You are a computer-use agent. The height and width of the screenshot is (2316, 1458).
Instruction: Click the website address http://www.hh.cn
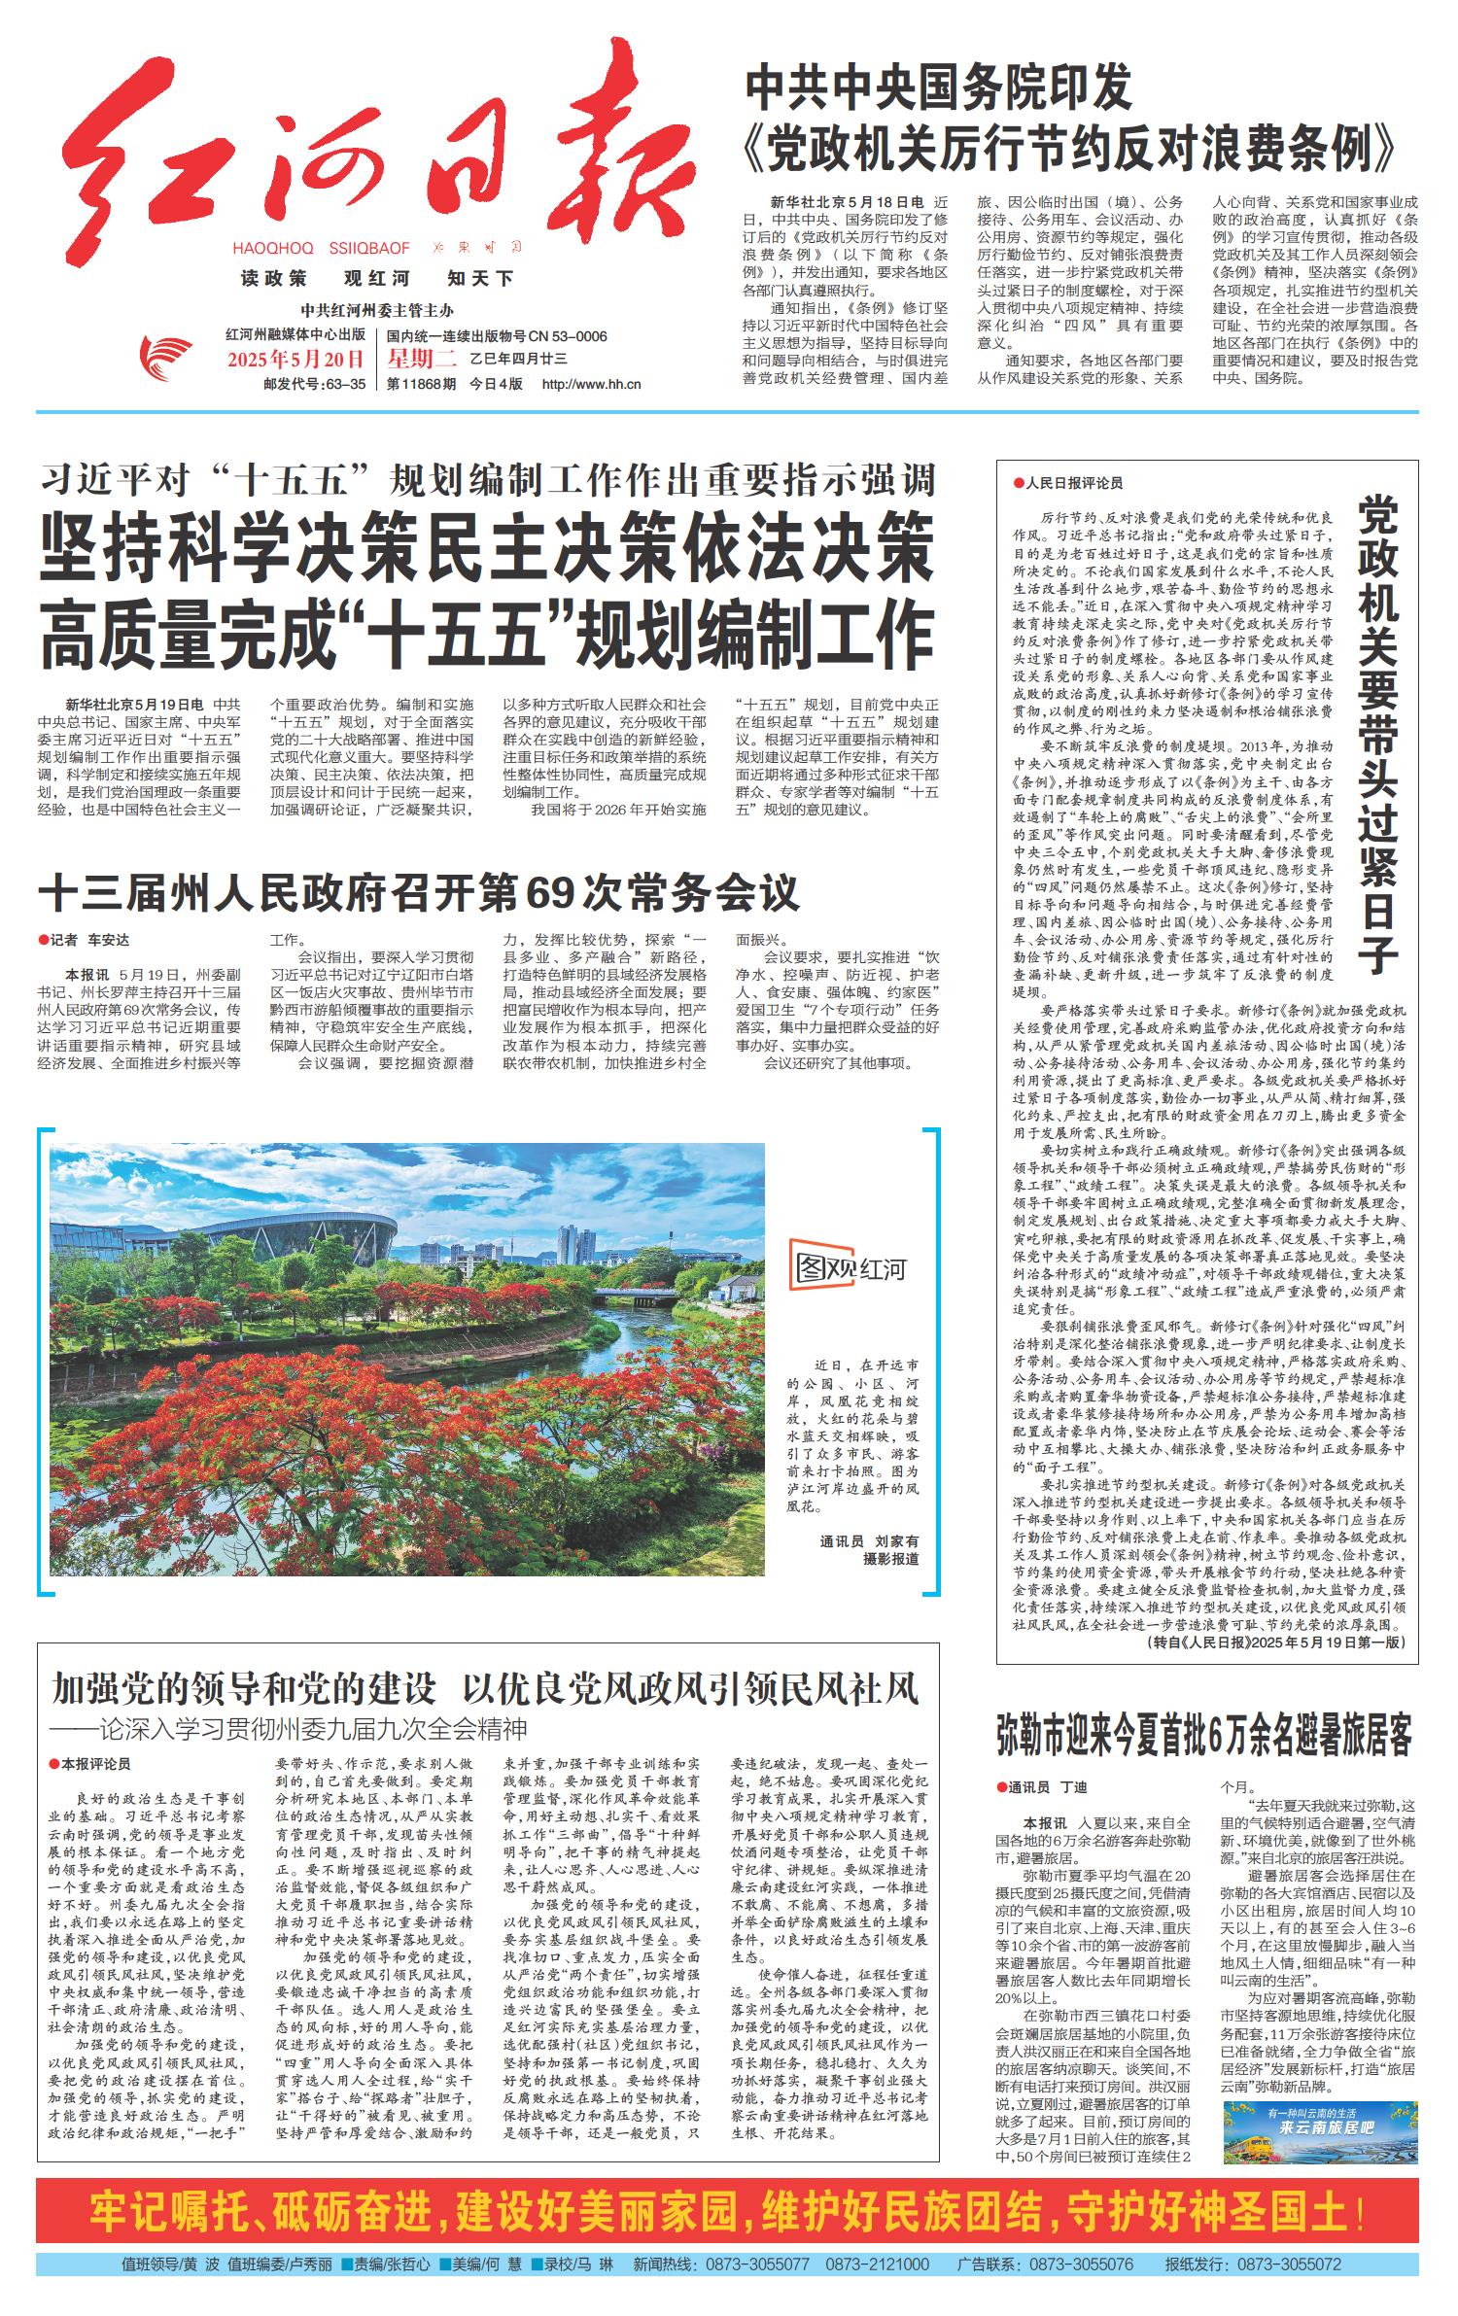(591, 384)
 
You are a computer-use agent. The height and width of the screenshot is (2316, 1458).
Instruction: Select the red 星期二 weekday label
(421, 360)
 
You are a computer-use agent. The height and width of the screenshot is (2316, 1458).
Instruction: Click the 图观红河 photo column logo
(849, 1267)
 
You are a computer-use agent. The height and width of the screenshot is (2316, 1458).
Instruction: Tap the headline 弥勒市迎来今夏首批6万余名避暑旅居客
(1204, 1737)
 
